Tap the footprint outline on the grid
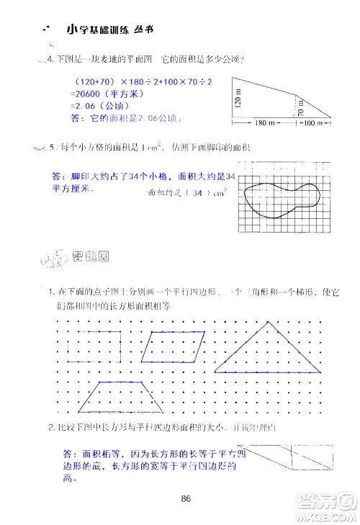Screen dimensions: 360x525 point(281,195)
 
